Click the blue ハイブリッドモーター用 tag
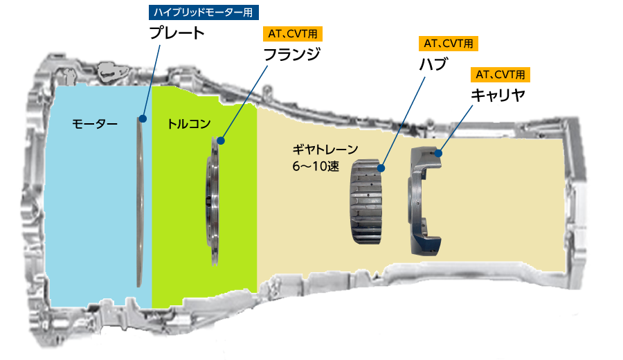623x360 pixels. (x=204, y=12)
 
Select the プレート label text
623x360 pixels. (x=177, y=33)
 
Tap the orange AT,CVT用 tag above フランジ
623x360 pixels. (x=293, y=34)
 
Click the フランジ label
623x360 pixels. (x=292, y=54)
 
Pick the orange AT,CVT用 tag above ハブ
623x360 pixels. (x=449, y=44)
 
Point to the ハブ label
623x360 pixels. (x=433, y=64)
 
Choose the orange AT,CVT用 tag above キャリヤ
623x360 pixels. (x=500, y=74)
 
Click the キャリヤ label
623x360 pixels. (x=498, y=95)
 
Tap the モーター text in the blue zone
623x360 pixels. (x=95, y=124)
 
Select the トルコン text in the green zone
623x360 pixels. (x=189, y=124)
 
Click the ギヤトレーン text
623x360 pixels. (x=325, y=150)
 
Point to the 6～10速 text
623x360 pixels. (x=316, y=166)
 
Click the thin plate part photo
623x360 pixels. (x=140, y=201)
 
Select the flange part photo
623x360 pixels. (x=213, y=201)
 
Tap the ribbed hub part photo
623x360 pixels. (x=366, y=201)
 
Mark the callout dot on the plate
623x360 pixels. (x=143, y=119)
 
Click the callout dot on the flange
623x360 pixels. (x=221, y=141)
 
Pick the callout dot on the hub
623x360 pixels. (x=381, y=168)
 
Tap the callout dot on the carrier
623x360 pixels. (x=439, y=152)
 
